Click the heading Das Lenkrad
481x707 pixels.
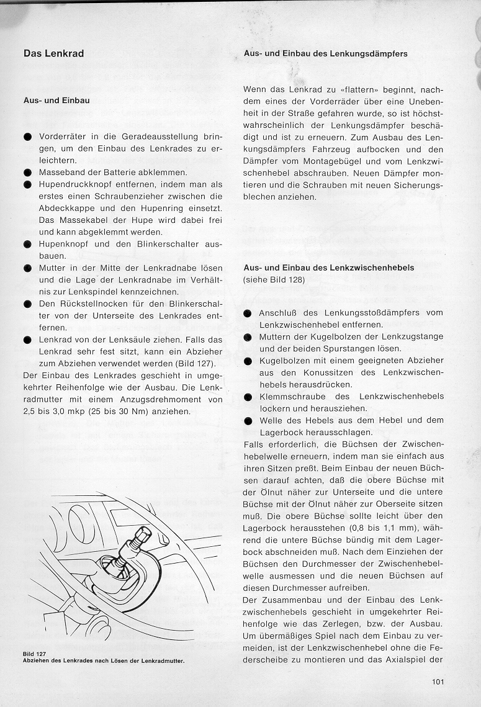[x=53, y=53]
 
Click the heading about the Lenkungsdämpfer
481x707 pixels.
[x=326, y=54]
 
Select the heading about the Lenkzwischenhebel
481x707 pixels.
[x=329, y=268]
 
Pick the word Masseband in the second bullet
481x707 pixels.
[x=60, y=172]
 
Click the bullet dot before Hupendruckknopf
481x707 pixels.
[x=28, y=184]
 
